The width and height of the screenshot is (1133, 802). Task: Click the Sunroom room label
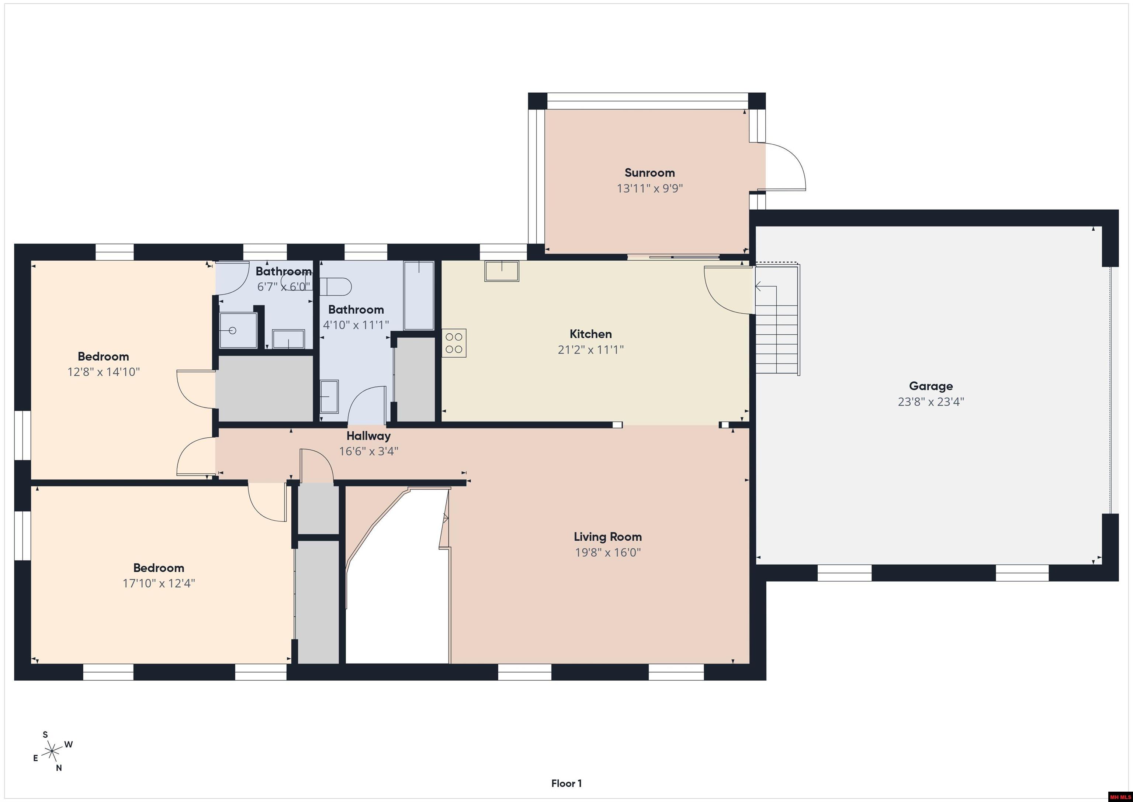649,173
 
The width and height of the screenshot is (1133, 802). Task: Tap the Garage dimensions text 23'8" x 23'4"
931,402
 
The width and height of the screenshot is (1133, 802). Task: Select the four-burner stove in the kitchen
454,343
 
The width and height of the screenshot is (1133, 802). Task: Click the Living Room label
607,537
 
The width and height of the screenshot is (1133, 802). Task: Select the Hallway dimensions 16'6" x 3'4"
368,451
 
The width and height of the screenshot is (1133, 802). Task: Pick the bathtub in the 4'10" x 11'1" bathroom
419,295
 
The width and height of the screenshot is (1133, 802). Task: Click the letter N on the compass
59,768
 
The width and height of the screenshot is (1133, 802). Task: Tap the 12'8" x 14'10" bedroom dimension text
103,372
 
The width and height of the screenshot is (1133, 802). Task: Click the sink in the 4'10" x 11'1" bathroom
329,396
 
